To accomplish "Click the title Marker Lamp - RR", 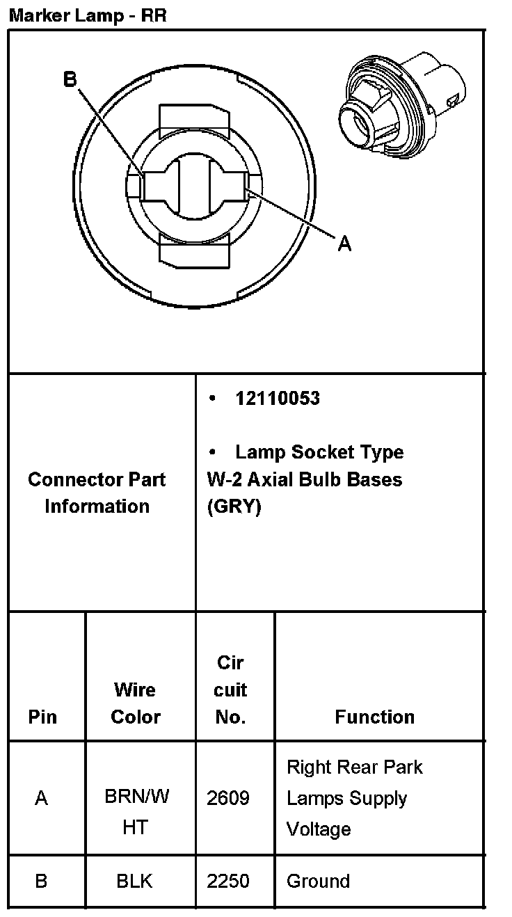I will pos(88,15).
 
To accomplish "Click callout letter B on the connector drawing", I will pos(70,79).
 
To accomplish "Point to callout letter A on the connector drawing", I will pos(344,244).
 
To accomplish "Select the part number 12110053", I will pos(278,398).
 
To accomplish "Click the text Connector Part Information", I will pos(97,493).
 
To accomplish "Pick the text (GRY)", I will pos(234,507).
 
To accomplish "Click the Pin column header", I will pos(42,717).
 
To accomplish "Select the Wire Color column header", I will pos(136,703).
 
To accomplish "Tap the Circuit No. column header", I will pos(230,689).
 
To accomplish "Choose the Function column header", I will pos(374,717).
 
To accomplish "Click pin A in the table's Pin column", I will pos(42,798).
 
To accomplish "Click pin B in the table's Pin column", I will pos(41,881).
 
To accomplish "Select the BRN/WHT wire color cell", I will pos(136,811).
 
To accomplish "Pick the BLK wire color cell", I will pos(134,882).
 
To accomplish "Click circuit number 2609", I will pos(228,798).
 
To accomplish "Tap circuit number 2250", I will pos(228,881).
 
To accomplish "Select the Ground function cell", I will pos(318,881).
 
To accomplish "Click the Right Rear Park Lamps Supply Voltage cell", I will pos(354,798).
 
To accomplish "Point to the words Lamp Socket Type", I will pos(319,452).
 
